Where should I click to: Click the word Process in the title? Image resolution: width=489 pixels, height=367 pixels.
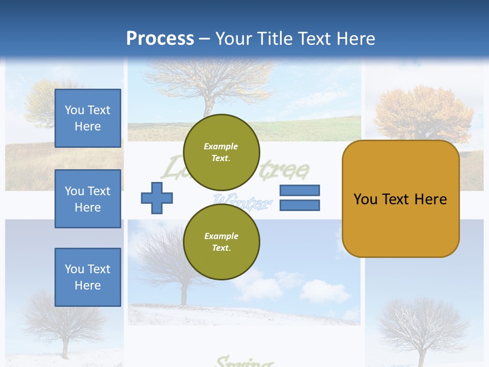pos(160,39)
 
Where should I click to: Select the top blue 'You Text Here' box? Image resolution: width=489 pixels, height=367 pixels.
pos(88,118)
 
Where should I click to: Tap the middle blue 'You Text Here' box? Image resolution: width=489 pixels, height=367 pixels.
pos(88,199)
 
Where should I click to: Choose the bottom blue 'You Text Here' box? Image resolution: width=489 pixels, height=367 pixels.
pos(88,277)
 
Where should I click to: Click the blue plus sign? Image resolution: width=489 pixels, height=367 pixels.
pos(157,198)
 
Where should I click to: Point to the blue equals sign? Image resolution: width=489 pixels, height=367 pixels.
pos(300,198)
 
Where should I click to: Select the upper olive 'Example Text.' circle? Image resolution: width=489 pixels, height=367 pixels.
pos(221,152)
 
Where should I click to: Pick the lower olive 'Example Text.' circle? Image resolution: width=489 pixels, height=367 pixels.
pos(221,242)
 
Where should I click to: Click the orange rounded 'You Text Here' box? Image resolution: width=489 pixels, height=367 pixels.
pos(400,199)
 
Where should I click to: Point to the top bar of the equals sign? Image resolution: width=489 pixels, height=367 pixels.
pos(300,191)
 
